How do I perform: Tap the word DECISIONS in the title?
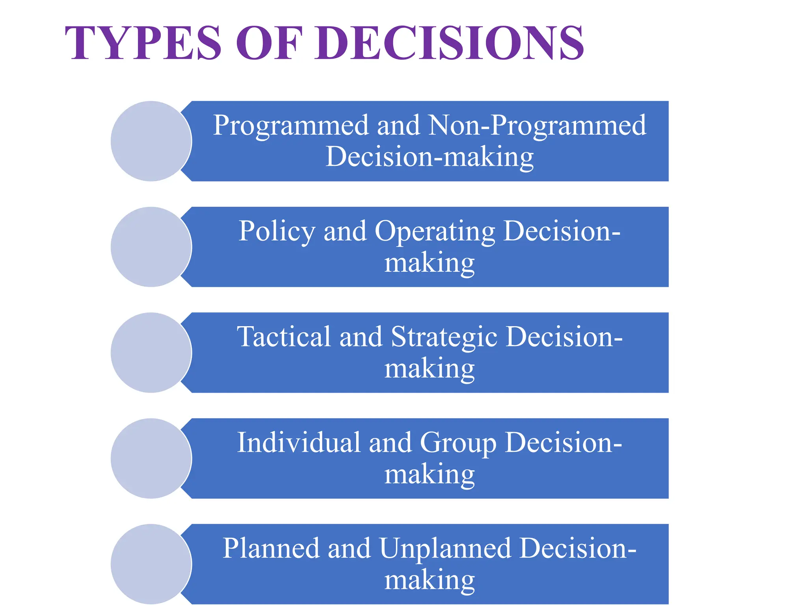tap(449, 43)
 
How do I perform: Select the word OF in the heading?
tap(269, 43)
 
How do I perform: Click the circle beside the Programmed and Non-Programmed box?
tap(151, 141)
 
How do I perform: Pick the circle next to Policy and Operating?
tap(151, 247)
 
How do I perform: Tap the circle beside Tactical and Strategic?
tap(151, 353)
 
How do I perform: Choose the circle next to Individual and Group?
tap(151, 458)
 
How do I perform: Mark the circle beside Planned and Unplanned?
tap(151, 564)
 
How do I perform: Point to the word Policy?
tap(277, 232)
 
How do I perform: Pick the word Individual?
tap(298, 443)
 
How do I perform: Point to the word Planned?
tap(271, 549)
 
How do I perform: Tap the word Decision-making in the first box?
tap(430, 157)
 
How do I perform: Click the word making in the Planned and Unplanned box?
tap(430, 581)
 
